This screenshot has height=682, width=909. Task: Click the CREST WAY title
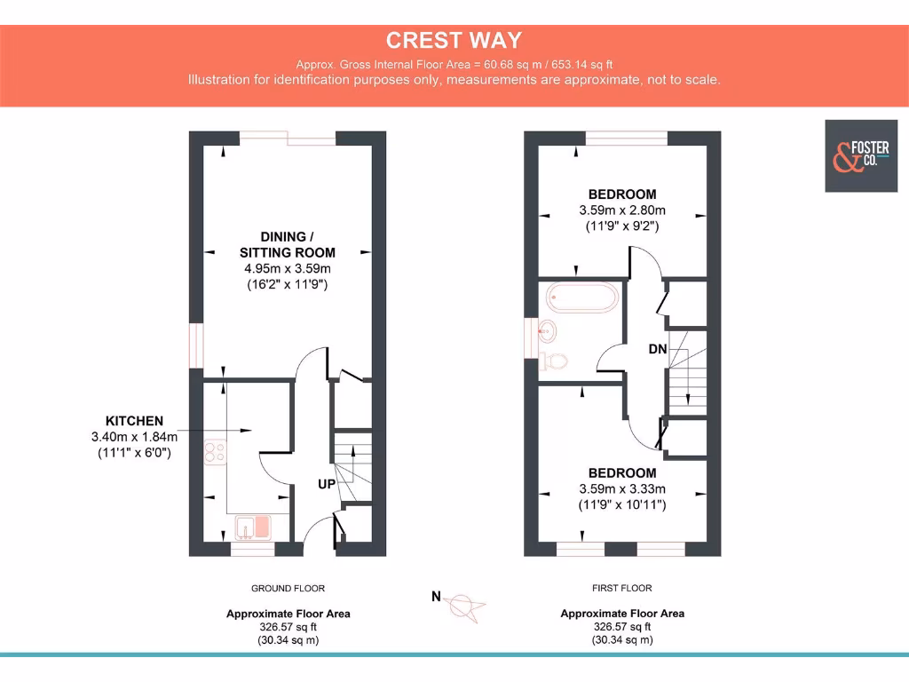pyautogui.click(x=454, y=40)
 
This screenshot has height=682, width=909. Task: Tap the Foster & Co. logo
pyautogui.click(x=860, y=155)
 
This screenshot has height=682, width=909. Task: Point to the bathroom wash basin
pyautogui.click(x=548, y=331)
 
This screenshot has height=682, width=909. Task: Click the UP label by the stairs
pyautogui.click(x=327, y=485)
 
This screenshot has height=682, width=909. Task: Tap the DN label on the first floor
pyautogui.click(x=657, y=349)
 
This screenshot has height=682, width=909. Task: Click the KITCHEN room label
pyautogui.click(x=134, y=420)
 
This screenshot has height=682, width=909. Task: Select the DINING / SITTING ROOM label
pyautogui.click(x=288, y=244)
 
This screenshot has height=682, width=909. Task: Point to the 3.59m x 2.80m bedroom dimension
pyautogui.click(x=621, y=210)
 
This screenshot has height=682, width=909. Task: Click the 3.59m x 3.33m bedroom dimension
pyautogui.click(x=621, y=488)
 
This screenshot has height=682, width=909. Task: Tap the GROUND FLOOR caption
pyautogui.click(x=288, y=588)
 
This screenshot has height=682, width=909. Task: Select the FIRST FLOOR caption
pyautogui.click(x=621, y=588)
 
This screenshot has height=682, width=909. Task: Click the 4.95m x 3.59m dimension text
pyautogui.click(x=288, y=268)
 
